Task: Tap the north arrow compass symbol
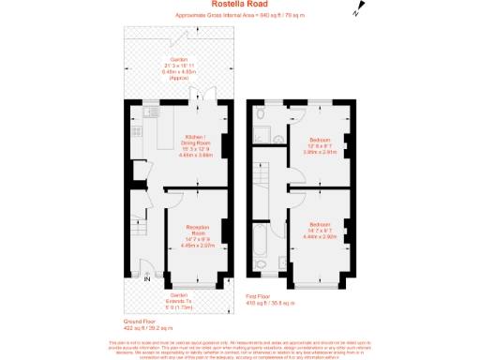click(356, 11)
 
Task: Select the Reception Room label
click(197, 233)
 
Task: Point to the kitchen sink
click(150, 114)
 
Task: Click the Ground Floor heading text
click(142, 323)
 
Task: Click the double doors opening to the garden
click(198, 97)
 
